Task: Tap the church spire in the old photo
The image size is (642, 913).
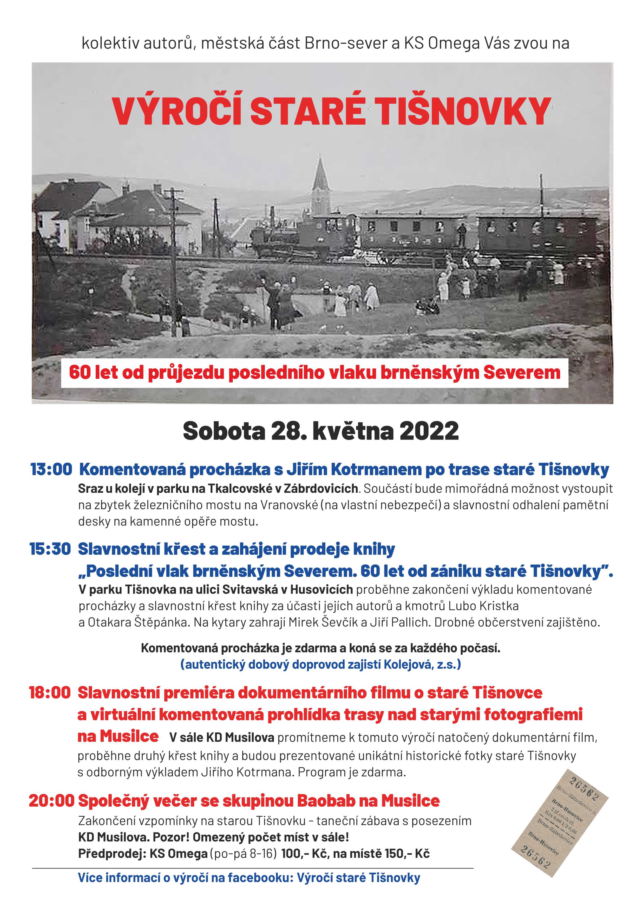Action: [x=320, y=175]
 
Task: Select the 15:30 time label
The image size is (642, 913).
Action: [x=50, y=549]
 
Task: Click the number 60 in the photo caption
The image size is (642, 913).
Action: [x=80, y=373]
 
